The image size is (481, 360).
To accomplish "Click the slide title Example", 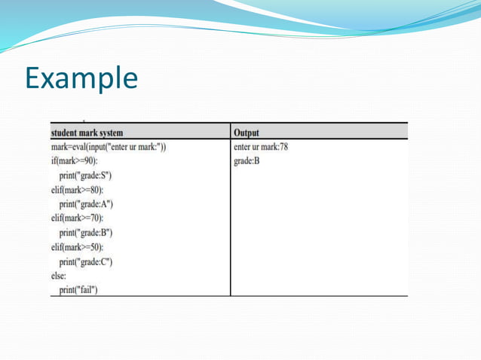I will point(81,78).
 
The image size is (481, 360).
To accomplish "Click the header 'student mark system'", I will point(87,133).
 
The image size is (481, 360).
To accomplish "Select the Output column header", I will point(247,133).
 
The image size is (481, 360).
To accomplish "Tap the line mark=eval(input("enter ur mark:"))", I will point(109,147).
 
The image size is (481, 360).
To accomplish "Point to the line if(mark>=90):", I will point(74,161).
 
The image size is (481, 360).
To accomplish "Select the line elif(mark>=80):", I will point(77,190).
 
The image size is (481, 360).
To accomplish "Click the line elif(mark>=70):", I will point(77,218).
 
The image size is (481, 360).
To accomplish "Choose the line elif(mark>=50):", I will point(77,247).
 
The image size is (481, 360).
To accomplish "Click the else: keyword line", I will point(59,276).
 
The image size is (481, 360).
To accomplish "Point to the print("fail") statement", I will point(78,291).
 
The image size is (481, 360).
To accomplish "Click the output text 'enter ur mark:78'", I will point(261,147).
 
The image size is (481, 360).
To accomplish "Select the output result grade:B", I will point(247,161).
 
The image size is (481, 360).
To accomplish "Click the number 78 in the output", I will point(281,147).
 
